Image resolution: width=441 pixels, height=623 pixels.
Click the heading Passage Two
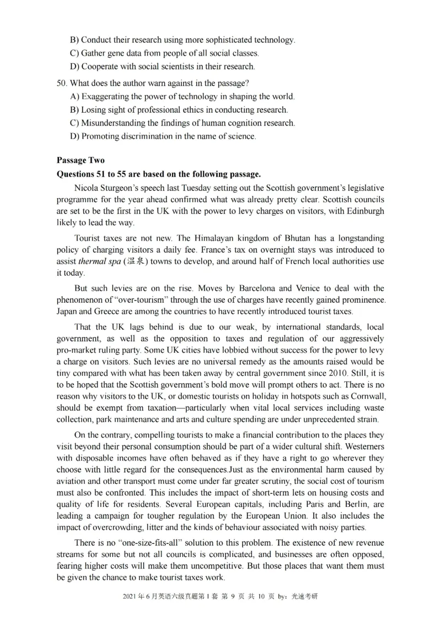tap(80, 160)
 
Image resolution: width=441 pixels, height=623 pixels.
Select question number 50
tap(61, 83)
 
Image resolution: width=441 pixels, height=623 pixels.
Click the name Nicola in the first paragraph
tap(87, 188)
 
